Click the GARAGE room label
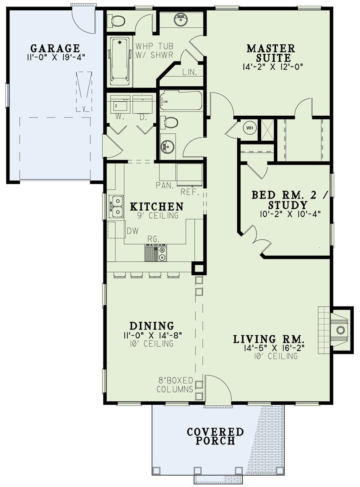click(x=55, y=48)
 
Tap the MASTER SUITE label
click(x=271, y=53)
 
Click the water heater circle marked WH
click(x=250, y=128)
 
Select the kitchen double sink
click(x=116, y=206)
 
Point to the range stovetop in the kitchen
click(x=155, y=253)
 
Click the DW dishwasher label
click(x=133, y=231)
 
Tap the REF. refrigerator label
click(x=189, y=192)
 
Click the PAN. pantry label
click(x=164, y=185)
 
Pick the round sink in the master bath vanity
click(x=181, y=19)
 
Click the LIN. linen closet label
click(x=189, y=72)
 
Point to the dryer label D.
click(x=143, y=118)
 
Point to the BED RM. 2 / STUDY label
click(x=290, y=200)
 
